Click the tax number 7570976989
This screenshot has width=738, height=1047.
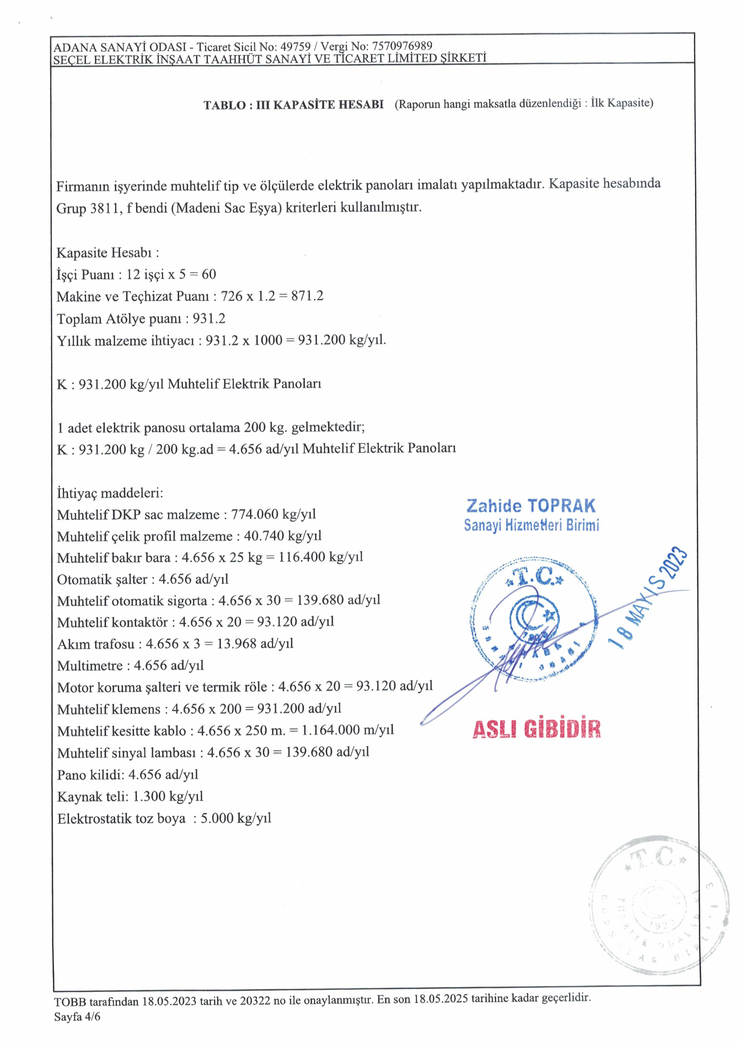click(x=402, y=46)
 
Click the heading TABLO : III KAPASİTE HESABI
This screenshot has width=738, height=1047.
click(x=293, y=105)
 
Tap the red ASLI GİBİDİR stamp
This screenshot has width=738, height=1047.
click(x=536, y=729)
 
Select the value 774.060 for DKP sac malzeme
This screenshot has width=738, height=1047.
click(x=255, y=514)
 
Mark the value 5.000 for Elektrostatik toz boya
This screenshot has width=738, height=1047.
click(x=217, y=818)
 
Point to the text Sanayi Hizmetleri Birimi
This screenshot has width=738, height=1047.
click(x=531, y=525)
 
